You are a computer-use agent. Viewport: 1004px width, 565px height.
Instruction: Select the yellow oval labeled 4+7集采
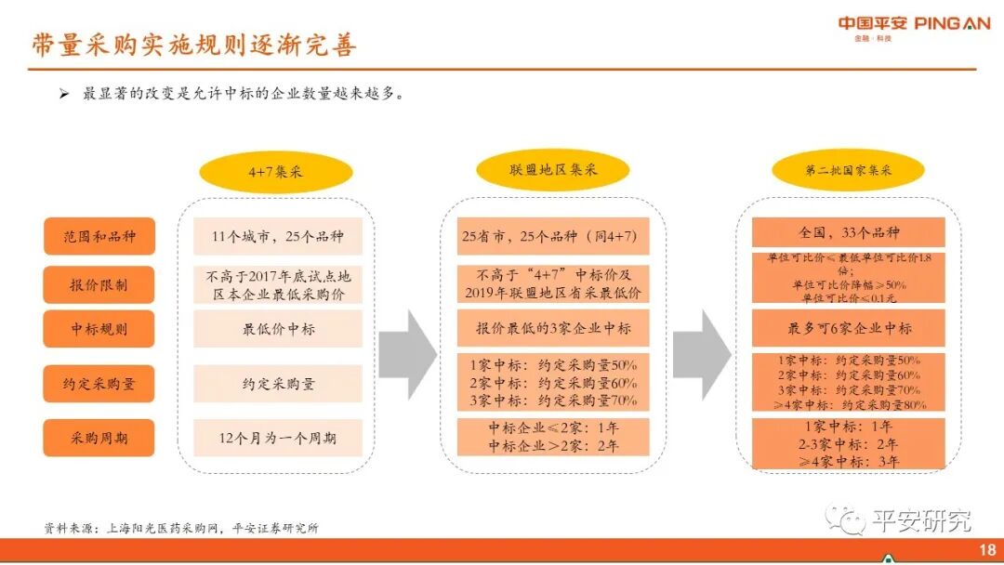click(x=276, y=172)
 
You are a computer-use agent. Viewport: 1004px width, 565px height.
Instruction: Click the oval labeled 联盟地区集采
click(x=553, y=170)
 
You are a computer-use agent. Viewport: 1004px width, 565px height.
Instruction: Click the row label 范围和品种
click(x=98, y=237)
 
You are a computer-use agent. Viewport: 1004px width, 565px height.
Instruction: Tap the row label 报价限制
click(x=98, y=285)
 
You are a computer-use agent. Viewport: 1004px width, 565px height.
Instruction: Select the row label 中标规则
click(x=98, y=329)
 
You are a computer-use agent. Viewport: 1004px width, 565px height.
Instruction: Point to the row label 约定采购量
click(x=98, y=384)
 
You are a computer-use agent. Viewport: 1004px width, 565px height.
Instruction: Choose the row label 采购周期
click(x=98, y=438)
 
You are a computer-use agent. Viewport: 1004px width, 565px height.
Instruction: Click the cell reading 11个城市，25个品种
click(x=278, y=237)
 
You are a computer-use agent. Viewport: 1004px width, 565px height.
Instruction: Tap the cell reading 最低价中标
click(x=278, y=329)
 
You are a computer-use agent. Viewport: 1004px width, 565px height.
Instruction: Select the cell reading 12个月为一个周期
click(x=278, y=438)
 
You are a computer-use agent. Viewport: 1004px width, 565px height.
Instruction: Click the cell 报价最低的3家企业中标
click(x=553, y=329)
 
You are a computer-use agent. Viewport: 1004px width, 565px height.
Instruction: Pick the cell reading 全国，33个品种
click(x=848, y=231)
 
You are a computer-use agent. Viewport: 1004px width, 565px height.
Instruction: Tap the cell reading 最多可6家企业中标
click(x=848, y=328)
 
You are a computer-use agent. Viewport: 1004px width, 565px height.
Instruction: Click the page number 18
click(x=987, y=550)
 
